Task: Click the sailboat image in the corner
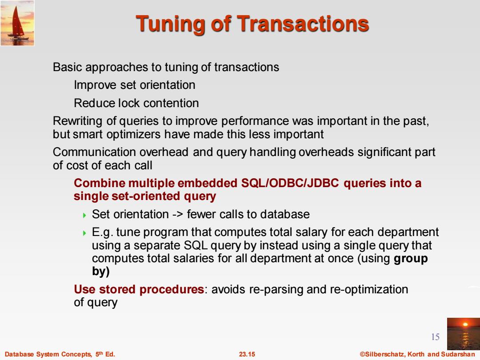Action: (x=17, y=23)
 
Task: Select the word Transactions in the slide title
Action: (x=303, y=24)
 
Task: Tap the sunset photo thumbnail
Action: (x=464, y=334)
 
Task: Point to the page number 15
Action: (x=435, y=337)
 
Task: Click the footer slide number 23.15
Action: (x=247, y=354)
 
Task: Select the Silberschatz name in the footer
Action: (x=383, y=354)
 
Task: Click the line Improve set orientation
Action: (x=135, y=85)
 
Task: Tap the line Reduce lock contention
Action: (x=136, y=103)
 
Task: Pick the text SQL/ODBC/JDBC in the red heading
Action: (x=290, y=183)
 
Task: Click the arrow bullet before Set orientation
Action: (x=85, y=215)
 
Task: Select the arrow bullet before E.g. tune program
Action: (x=85, y=233)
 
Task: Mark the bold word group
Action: (x=411, y=259)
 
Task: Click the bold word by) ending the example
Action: (x=101, y=272)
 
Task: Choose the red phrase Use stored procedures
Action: (x=139, y=289)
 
